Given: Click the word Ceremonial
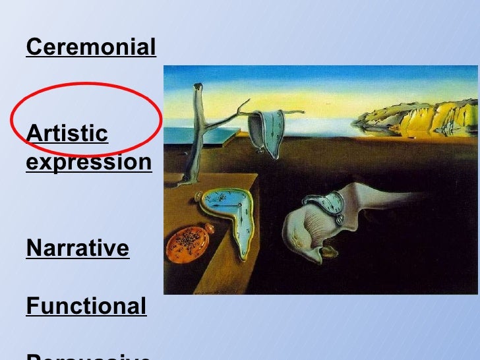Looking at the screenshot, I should [91, 47].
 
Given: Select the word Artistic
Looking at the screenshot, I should [67, 133].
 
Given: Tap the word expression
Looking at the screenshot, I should [88, 162].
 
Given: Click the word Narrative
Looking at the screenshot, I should [77, 249].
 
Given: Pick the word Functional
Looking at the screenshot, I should [86, 307].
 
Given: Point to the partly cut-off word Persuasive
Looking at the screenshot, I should [88, 356].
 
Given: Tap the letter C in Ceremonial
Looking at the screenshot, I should [34, 47].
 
